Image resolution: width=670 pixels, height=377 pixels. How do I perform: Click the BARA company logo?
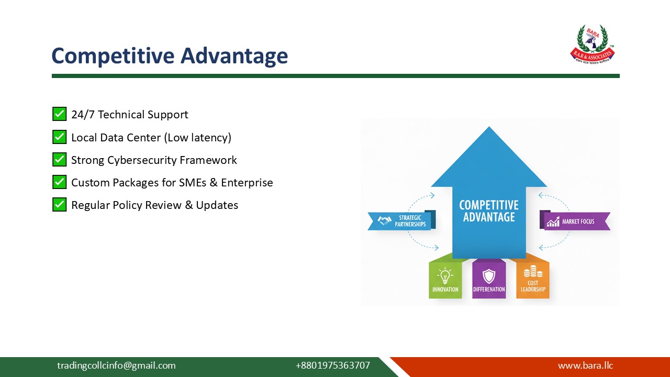[592, 45]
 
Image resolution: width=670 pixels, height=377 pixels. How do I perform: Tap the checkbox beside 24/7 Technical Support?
[59, 114]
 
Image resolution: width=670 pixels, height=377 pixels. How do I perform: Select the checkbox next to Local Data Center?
[59, 137]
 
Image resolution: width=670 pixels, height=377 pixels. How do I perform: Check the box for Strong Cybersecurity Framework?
[59, 160]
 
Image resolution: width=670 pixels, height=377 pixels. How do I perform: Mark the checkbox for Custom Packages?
[59, 182]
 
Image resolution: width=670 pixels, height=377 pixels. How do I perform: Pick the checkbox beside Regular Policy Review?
[59, 205]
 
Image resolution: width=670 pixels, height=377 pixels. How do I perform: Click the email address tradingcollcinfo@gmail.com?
[116, 365]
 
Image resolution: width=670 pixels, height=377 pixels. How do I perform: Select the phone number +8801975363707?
[332, 365]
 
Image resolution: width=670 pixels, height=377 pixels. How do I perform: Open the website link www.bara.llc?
[585, 365]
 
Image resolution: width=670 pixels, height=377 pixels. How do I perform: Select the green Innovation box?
[445, 280]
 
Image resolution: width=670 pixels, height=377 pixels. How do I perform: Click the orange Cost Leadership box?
[533, 280]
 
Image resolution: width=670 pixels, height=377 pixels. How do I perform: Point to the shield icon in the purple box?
[489, 275]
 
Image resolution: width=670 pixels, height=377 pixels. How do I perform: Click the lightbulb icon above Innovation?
[445, 275]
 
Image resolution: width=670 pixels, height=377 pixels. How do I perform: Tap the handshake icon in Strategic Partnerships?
[385, 221]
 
